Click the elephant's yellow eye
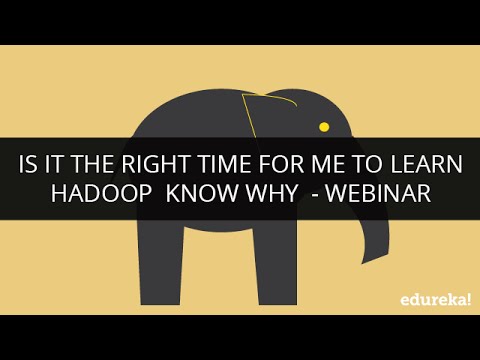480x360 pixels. tap(323, 127)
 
